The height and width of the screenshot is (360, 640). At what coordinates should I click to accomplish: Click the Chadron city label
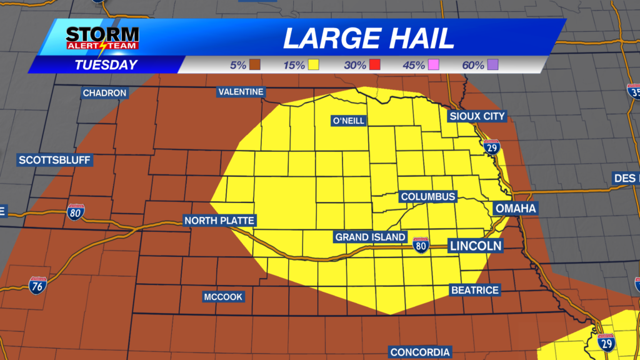(x=105, y=93)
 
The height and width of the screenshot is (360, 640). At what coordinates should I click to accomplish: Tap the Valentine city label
(x=241, y=92)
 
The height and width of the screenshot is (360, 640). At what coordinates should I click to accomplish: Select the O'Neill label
(x=349, y=121)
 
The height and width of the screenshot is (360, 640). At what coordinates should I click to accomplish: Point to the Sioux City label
(x=477, y=116)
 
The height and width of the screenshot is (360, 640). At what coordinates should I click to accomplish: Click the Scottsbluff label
(x=55, y=160)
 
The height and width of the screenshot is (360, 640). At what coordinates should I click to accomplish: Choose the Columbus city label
(x=428, y=197)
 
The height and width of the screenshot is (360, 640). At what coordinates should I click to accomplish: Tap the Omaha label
(x=516, y=208)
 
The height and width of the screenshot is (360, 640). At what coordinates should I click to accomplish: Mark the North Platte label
(x=219, y=221)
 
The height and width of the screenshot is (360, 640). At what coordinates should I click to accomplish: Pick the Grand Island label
(x=371, y=237)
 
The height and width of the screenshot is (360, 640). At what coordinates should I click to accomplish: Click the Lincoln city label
(x=476, y=246)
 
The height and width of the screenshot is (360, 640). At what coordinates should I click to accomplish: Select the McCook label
(x=223, y=297)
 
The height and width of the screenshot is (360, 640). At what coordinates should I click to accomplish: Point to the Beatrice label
(x=475, y=290)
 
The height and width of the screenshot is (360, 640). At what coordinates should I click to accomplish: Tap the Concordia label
(x=420, y=352)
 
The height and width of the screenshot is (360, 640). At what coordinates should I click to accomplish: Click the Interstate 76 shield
(x=37, y=286)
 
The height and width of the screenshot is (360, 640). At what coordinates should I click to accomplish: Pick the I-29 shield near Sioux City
(x=491, y=147)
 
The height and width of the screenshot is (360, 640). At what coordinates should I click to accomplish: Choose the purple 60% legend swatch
(x=492, y=65)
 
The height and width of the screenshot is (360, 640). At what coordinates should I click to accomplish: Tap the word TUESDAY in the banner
(x=106, y=65)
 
